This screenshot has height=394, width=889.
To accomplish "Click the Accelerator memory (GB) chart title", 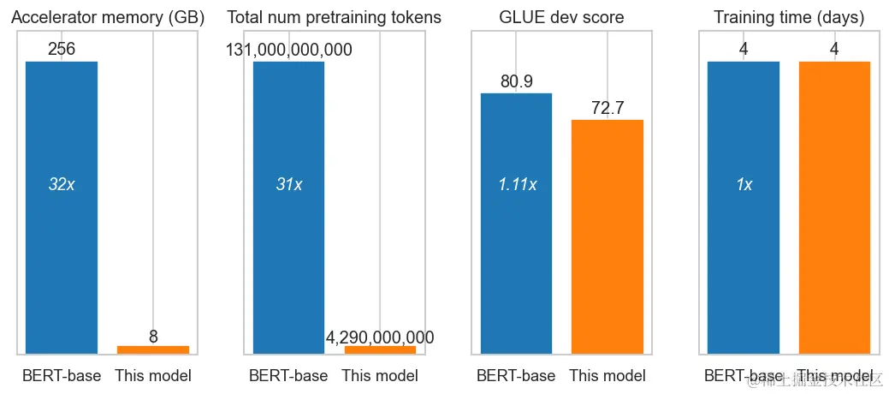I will (x=107, y=17).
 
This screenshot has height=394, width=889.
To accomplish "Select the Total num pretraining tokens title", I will (x=334, y=17).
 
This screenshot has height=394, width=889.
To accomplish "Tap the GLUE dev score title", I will (x=561, y=17).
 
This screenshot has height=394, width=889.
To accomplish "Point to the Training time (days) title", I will (x=789, y=17).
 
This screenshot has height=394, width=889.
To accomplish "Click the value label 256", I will (x=62, y=50).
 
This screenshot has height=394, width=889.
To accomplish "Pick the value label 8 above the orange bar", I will (x=153, y=337).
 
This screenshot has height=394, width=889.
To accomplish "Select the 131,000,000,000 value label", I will (x=289, y=50).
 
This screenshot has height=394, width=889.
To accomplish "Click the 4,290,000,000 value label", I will (x=380, y=337).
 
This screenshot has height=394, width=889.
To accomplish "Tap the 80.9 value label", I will (x=517, y=81).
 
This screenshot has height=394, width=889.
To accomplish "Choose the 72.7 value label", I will (x=607, y=108).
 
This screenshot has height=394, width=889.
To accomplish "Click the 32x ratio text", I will (x=62, y=184).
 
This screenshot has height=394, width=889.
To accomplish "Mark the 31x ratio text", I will (x=289, y=184).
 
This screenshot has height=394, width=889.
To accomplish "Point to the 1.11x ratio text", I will (x=517, y=184).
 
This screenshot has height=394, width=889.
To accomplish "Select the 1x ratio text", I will (x=744, y=184).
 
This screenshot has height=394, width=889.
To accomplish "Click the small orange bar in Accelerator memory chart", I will (x=153, y=349).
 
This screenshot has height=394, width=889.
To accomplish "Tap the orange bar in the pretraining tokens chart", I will (x=380, y=349).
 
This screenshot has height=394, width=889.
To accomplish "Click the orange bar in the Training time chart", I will (x=834, y=206).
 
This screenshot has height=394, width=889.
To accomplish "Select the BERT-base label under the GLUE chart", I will (x=516, y=376).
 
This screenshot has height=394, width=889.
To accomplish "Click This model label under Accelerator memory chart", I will (x=153, y=376).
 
